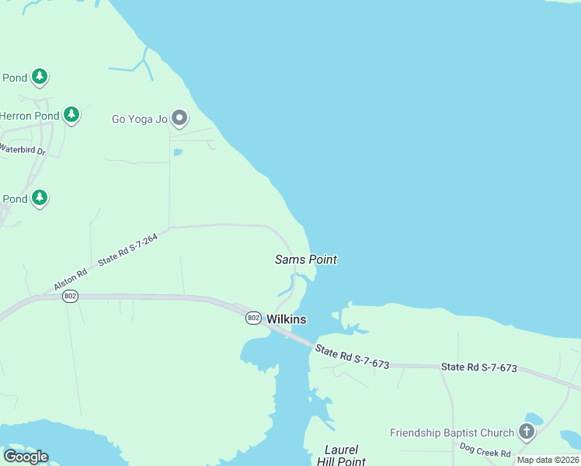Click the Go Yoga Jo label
[x=140, y=119]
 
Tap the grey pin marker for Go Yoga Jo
[x=179, y=118]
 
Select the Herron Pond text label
[x=29, y=116]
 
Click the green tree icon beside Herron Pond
[x=71, y=115]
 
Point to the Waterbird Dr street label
[x=23, y=149]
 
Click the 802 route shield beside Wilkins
[x=253, y=318]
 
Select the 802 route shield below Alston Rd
[x=71, y=296]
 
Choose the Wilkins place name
[x=286, y=319]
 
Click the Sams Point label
[x=306, y=259]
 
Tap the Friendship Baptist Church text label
[x=452, y=433]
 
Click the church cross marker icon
[x=527, y=432]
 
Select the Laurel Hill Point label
[x=342, y=456]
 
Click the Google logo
[x=26, y=457]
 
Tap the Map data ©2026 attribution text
[x=548, y=460]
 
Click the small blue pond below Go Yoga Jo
[x=178, y=152]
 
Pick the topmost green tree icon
[x=40, y=77]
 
